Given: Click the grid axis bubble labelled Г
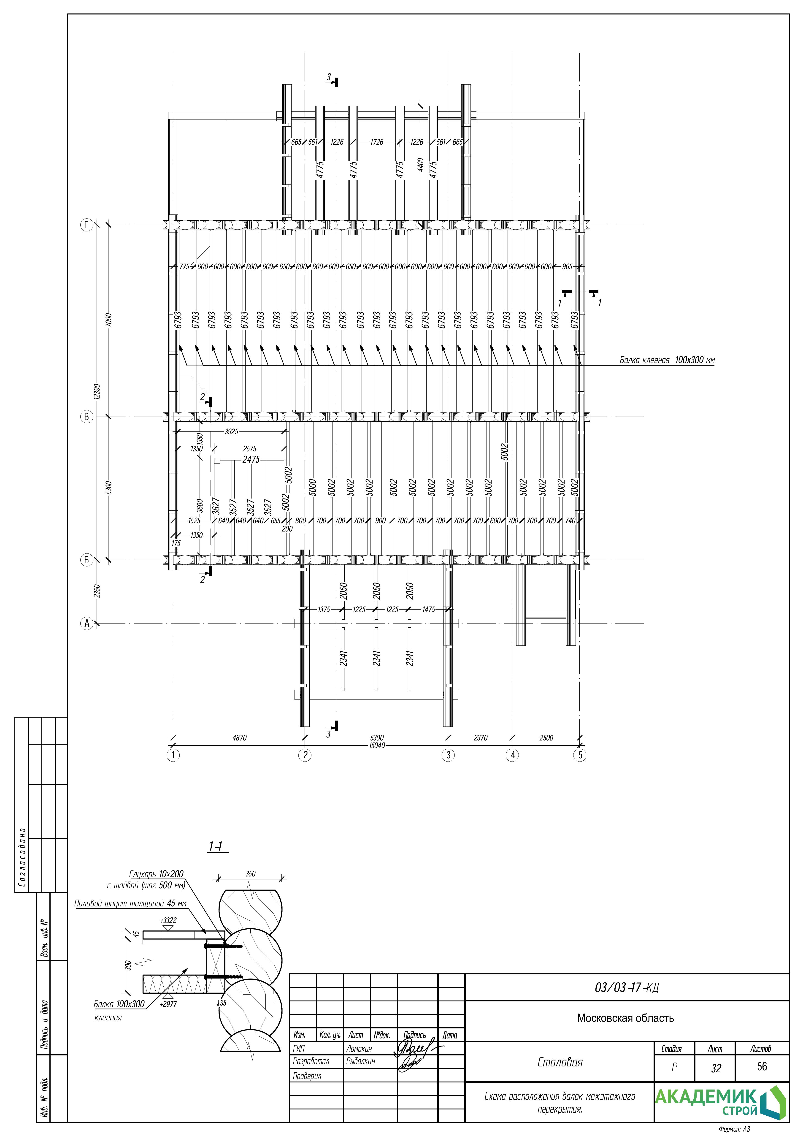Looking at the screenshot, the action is [87, 226].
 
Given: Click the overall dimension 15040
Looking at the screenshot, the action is [377, 745].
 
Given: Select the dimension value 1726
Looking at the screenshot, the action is [377, 142].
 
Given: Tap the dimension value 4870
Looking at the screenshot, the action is [239, 738].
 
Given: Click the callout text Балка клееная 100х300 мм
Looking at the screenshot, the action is [667, 360].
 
